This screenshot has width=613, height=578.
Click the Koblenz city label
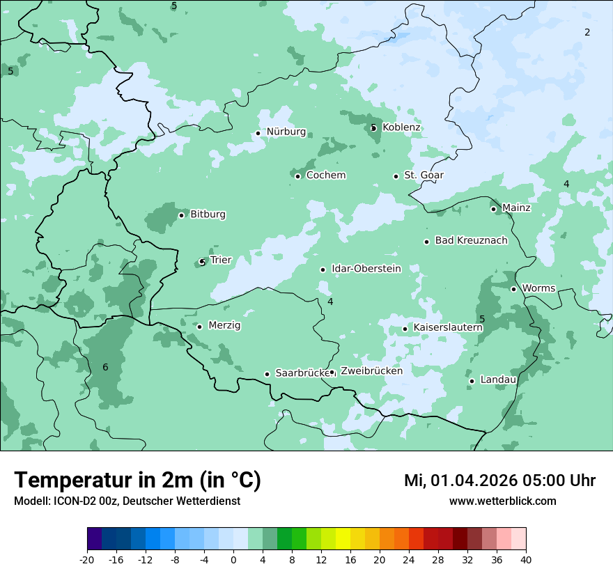click(401, 127)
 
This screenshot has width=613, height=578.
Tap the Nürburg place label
click(286, 132)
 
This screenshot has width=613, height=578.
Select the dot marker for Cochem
click(297, 176)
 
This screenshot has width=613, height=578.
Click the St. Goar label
click(424, 175)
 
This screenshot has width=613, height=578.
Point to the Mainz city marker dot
click(493, 209)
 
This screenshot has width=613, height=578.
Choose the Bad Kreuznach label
click(471, 240)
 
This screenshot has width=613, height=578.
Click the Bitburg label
click(208, 214)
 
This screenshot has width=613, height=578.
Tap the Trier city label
click(220, 260)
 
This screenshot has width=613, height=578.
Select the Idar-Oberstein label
click(366, 268)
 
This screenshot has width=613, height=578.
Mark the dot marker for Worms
click(513, 289)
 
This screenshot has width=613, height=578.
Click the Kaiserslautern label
click(448, 327)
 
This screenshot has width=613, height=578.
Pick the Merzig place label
click(224, 325)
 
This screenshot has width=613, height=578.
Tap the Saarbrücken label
click(302, 373)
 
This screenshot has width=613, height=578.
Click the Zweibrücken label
click(371, 371)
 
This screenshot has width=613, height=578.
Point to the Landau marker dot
click(472, 381)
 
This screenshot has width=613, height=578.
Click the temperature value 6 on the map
click(105, 367)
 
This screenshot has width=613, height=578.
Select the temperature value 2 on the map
click(587, 32)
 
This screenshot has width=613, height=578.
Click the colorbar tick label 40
click(526, 559)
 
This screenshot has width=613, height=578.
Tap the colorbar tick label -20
click(87, 559)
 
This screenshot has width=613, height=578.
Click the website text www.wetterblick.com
click(502, 501)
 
